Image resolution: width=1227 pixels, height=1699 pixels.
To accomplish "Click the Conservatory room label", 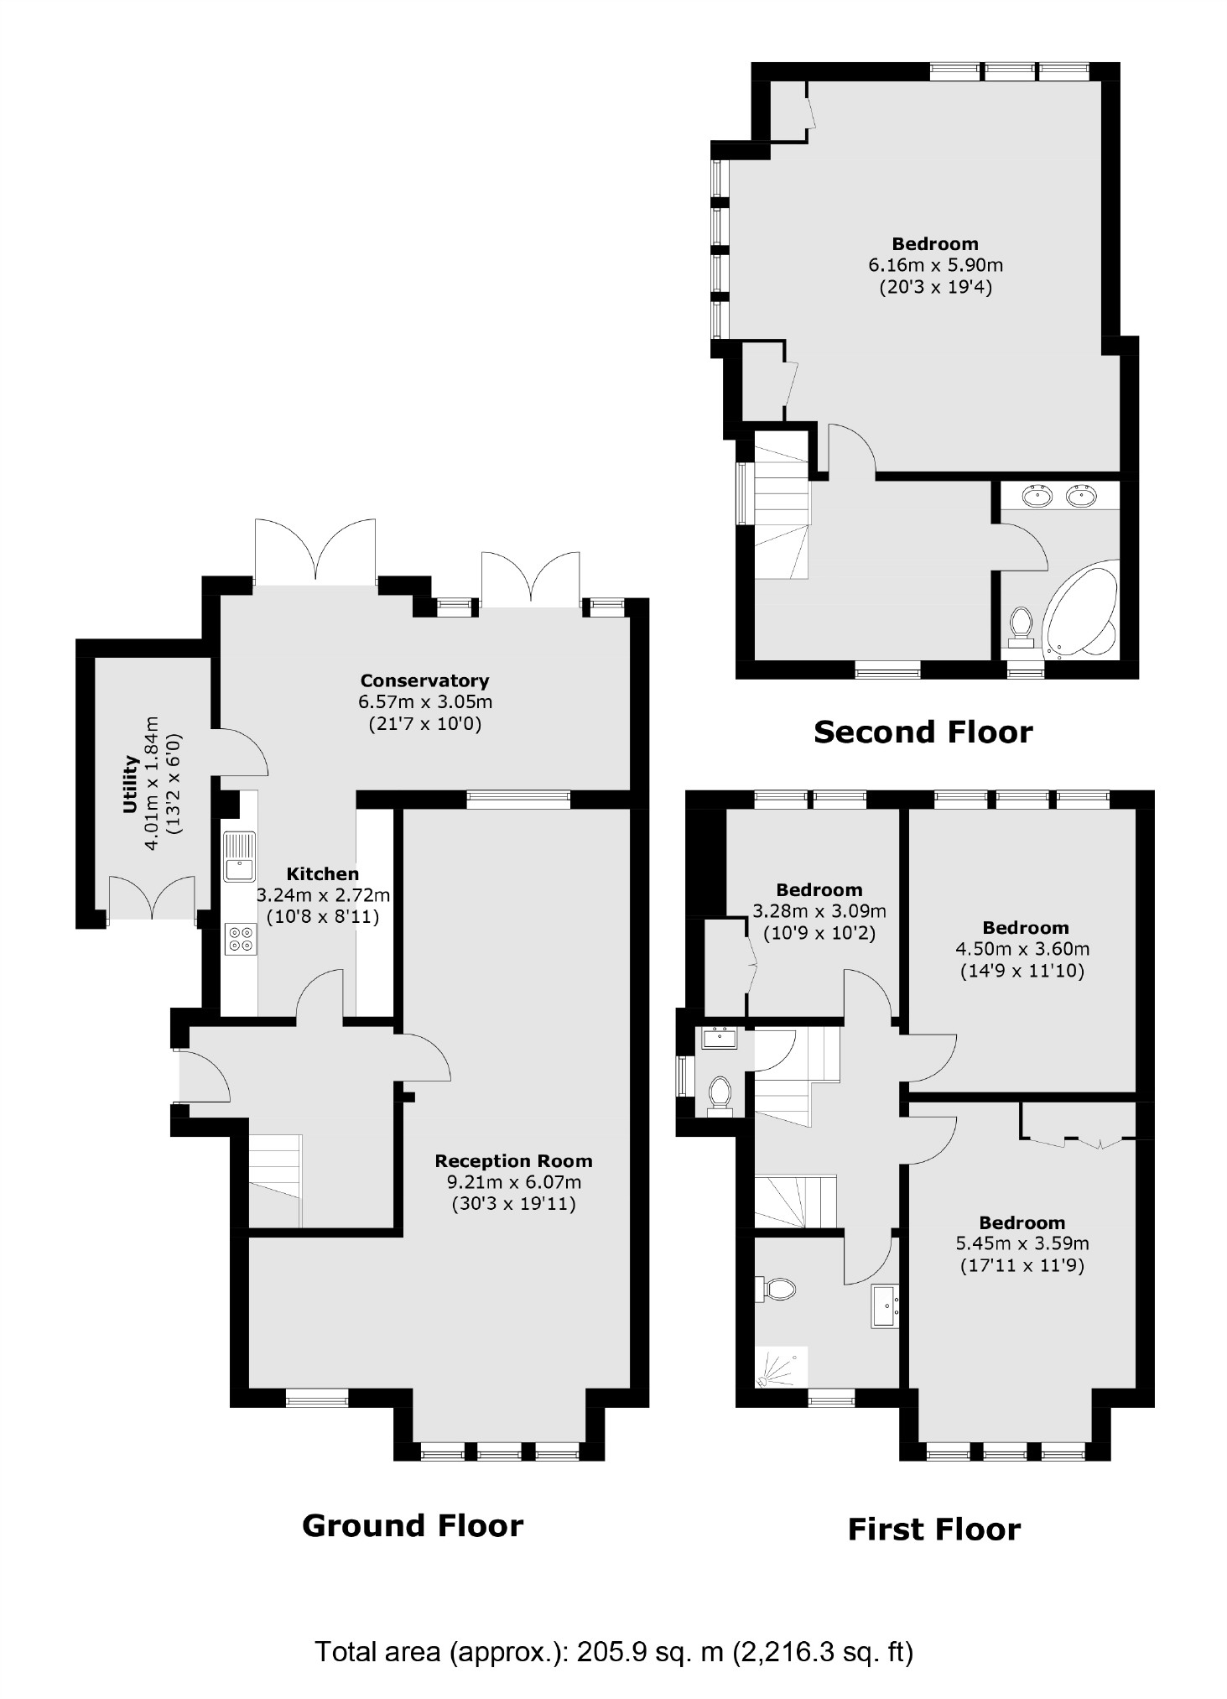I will pos(424,680).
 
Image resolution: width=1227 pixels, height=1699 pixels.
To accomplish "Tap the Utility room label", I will pos(130,784).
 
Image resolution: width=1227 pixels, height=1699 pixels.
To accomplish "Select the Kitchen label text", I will pos(322,873).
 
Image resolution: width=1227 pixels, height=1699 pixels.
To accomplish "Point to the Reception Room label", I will pos(513,1161).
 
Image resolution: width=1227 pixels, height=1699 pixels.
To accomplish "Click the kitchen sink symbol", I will pos(239,856).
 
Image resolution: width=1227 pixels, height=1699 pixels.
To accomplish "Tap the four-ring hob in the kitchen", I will pos(241,938).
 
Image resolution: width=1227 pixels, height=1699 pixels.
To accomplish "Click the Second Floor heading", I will pos(923,732).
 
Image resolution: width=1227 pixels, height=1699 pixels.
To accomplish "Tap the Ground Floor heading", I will pos(412,1525).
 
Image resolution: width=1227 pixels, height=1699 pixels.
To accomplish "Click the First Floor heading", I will pos(933,1529).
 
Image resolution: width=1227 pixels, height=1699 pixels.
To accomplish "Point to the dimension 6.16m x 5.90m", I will pos(935,266).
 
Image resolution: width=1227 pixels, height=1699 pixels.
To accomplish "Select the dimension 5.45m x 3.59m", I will pos(1022,1243).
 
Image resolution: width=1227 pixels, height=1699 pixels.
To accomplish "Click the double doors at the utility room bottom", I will pos(152,898).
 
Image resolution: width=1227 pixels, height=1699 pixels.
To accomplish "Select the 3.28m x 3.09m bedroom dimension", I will pos(819,911).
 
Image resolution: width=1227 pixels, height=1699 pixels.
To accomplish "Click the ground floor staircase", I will pos(275,1180).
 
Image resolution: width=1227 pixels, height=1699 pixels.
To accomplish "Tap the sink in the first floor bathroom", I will pos(886,1306).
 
